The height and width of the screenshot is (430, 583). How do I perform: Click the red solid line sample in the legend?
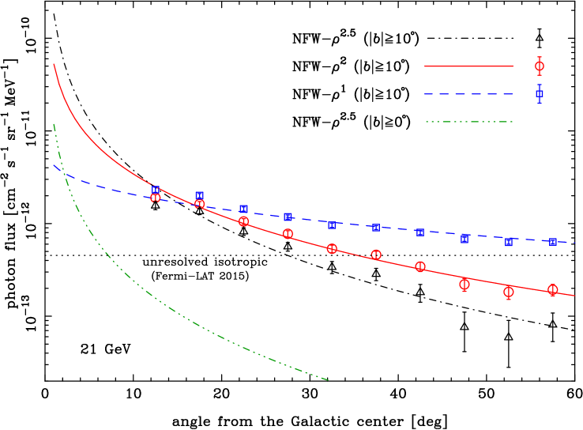(x=468, y=66)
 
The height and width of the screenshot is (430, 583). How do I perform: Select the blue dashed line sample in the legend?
(x=468, y=94)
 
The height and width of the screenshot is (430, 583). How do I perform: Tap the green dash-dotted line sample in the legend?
(x=468, y=122)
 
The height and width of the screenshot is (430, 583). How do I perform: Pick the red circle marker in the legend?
(x=540, y=66)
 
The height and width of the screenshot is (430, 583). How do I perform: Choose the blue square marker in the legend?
(x=540, y=93)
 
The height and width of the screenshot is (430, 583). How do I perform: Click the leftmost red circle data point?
(x=156, y=197)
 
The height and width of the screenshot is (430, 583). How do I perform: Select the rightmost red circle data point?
(x=553, y=290)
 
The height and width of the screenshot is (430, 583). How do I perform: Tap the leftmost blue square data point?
(x=156, y=190)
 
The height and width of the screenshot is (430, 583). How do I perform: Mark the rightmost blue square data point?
(x=553, y=242)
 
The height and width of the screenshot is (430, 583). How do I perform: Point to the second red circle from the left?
(x=200, y=204)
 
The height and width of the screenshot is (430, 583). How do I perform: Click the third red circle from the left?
(x=244, y=221)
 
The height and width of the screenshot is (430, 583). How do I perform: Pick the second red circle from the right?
(x=509, y=292)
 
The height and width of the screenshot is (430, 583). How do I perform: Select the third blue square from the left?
(x=243, y=209)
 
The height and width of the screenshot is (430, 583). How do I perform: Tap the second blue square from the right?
(x=509, y=242)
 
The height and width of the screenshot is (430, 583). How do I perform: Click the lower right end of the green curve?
(x=328, y=380)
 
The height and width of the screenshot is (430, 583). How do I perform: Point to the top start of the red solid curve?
(x=54, y=64)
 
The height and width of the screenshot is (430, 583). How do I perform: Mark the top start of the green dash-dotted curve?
(x=54, y=123)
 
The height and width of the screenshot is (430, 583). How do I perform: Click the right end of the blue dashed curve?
(x=575, y=242)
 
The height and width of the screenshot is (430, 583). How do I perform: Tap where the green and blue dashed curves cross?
(x=62, y=169)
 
